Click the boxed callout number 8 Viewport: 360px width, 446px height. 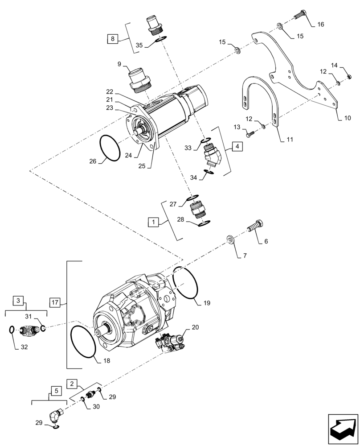coord(113,39)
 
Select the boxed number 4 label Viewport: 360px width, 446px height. coord(237,146)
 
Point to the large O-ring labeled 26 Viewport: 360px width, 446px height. coord(110,149)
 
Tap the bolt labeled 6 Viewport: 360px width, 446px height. coord(255,226)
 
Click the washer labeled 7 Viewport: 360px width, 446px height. coord(231,240)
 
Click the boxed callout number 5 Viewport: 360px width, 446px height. coord(56,391)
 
